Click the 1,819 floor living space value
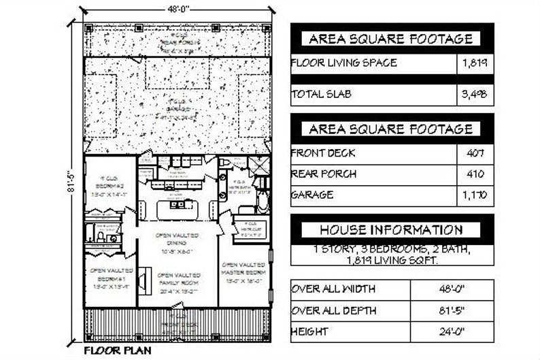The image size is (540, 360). point(475,64)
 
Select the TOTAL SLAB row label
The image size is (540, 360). point(322,95)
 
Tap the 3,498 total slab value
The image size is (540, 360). point(475,95)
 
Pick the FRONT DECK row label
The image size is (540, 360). point(323,153)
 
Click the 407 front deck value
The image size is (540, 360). point(475,153)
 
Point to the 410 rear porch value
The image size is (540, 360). point(475,174)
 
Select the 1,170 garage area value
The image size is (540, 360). point(475,195)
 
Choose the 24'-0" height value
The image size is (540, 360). point(452,331)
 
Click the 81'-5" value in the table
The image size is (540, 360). point(452,310)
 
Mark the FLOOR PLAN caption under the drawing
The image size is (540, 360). point(118,351)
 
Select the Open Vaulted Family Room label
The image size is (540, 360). point(177,286)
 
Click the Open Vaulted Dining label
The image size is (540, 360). point(177,239)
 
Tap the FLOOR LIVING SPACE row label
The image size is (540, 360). point(344,64)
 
